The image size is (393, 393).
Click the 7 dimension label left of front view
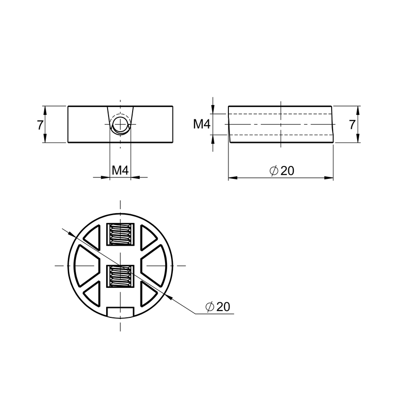click(40, 125)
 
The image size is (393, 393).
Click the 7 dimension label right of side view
click(352, 125)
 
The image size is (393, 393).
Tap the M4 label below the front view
click(120, 170)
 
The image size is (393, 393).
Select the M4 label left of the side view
click(202, 124)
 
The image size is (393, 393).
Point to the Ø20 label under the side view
click(281, 170)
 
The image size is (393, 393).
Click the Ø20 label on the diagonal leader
click(218, 307)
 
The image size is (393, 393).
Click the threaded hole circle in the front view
click(120, 124)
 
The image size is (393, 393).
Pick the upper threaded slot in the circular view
click(120, 234)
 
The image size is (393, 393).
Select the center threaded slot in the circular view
click(120, 276)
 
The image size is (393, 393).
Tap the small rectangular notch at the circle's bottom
click(120, 311)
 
